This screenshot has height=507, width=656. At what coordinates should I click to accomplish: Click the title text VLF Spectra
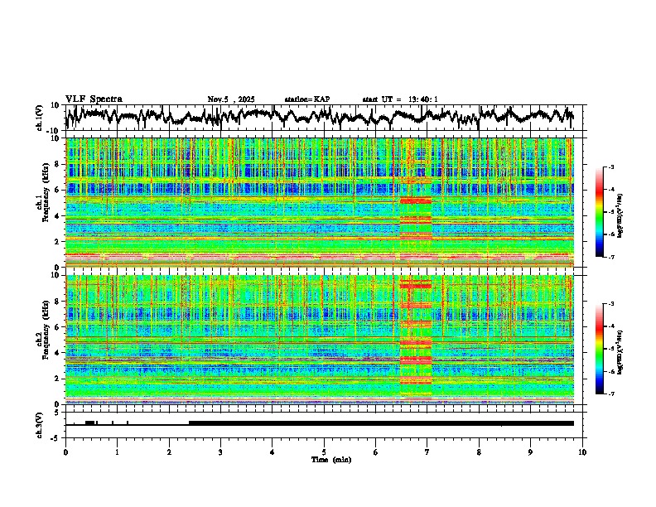[x=94, y=99]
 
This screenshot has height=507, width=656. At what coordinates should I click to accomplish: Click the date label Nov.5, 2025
[x=234, y=99]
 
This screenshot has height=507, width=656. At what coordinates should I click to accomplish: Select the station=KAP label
[x=306, y=99]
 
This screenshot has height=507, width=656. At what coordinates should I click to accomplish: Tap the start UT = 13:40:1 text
[x=400, y=99]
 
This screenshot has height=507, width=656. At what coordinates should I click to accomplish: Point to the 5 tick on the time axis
[x=324, y=451]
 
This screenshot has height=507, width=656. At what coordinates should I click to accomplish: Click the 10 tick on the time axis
[x=582, y=451]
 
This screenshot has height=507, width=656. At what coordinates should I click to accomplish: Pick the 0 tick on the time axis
[x=65, y=451]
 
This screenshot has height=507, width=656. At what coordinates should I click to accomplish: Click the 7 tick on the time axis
[x=427, y=451]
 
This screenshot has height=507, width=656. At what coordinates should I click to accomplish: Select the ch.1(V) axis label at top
[x=39, y=118]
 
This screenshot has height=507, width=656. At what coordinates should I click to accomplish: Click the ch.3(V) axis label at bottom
[x=39, y=423]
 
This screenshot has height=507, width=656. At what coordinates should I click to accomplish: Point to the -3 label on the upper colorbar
[x=610, y=167]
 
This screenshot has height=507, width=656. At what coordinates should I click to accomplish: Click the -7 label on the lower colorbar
[x=610, y=394]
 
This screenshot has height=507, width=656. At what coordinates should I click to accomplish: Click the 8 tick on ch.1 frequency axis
[x=58, y=164]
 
